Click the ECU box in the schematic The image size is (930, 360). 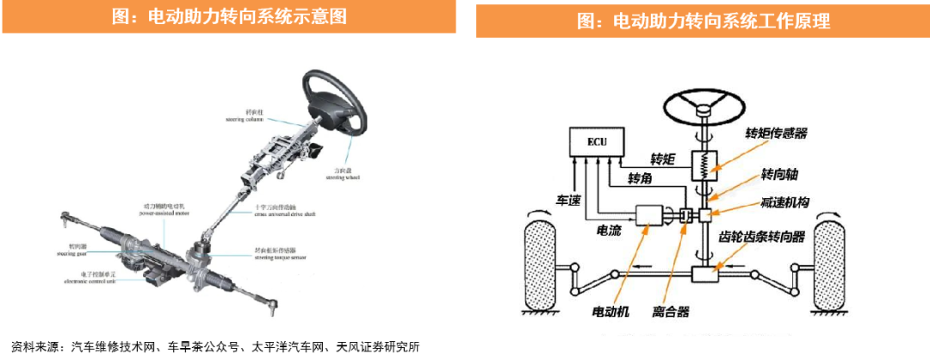pos(596,141)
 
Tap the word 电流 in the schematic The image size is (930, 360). pos(611,231)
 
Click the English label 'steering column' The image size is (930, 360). pos(245,120)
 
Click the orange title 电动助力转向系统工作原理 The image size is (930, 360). pos(703,21)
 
